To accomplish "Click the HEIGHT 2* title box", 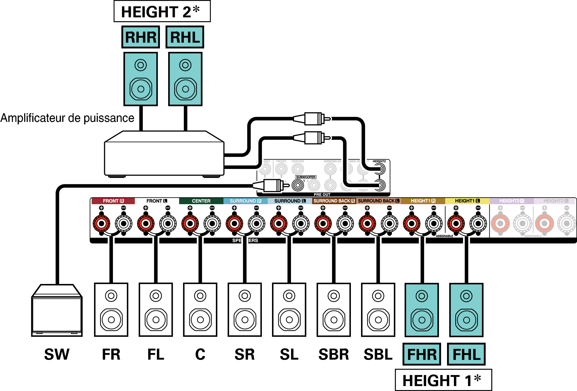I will coord(162,11).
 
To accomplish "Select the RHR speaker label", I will coord(140,37).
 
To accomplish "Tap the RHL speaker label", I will coord(185,37).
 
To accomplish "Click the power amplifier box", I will coord(164,157).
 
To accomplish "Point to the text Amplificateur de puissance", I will coord(67,118).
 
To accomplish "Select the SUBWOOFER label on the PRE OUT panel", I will coord(306,177).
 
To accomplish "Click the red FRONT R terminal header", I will coord(113,201).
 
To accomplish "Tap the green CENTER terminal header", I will coord(201,201).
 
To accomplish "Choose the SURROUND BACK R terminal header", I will coord(334,201).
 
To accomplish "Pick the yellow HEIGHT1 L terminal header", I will coord(467,201).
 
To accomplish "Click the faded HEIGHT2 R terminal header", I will coord(511,201).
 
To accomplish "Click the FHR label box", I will coord(422,354).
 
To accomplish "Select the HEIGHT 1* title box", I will coord(443,380).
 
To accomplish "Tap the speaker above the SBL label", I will coord(378,310).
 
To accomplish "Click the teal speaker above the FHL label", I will coord(466,310).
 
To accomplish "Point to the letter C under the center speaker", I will coord(200,354).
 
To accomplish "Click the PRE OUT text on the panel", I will coord(322,195).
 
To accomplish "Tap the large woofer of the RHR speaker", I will coord(141,89).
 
